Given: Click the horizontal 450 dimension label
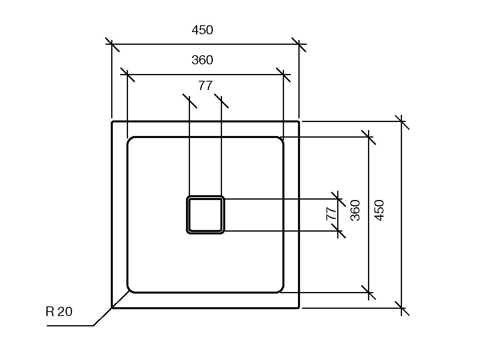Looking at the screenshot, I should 202,30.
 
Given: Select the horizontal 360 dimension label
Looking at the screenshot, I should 202,60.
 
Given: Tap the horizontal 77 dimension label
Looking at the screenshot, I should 205,86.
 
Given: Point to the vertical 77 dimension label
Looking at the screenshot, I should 332,214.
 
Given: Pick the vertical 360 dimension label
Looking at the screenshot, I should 355,210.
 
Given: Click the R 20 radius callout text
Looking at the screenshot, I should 59,312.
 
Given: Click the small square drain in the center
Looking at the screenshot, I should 205,215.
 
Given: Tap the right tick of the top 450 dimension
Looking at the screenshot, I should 299,44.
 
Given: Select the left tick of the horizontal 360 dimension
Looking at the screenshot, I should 127,74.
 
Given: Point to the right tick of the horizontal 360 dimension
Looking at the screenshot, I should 283,74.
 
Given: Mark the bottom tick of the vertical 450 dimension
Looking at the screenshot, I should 402,308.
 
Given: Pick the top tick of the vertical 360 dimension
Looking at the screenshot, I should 368,137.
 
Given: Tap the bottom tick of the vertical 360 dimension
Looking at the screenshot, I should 368,293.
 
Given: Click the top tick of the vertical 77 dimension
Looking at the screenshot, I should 338,198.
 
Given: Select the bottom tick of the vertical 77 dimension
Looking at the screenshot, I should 338,231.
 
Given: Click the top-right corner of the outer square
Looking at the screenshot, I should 299,122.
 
